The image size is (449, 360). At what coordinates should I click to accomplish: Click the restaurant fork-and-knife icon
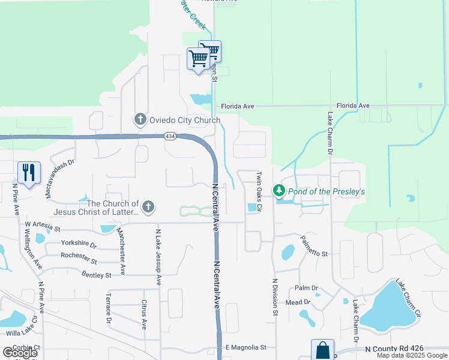tap(29, 173)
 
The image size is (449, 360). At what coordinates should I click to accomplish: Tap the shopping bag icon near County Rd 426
tap(322, 350)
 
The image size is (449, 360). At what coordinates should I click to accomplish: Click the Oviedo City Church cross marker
tap(140, 119)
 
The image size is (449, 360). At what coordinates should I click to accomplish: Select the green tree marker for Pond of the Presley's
tap(279, 191)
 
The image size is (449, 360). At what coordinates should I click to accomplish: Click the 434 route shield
tap(171, 137)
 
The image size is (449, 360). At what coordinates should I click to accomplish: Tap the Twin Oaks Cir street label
tap(260, 191)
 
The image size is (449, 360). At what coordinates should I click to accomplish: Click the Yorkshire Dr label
tap(79, 244)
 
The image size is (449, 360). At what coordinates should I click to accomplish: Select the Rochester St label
tap(79, 259)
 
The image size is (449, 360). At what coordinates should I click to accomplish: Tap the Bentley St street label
tap(96, 275)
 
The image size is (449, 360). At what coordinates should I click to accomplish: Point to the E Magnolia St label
tap(246, 347)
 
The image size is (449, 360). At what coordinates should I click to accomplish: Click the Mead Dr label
tap(298, 302)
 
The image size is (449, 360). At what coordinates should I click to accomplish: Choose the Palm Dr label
tap(306, 289)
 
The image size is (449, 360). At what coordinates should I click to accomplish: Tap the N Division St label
tap(275, 297)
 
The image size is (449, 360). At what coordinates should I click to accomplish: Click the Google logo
tap(20, 352)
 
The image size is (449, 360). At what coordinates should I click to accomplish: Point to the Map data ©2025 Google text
tap(411, 355)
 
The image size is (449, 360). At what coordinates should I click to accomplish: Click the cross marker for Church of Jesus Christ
tap(148, 208)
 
